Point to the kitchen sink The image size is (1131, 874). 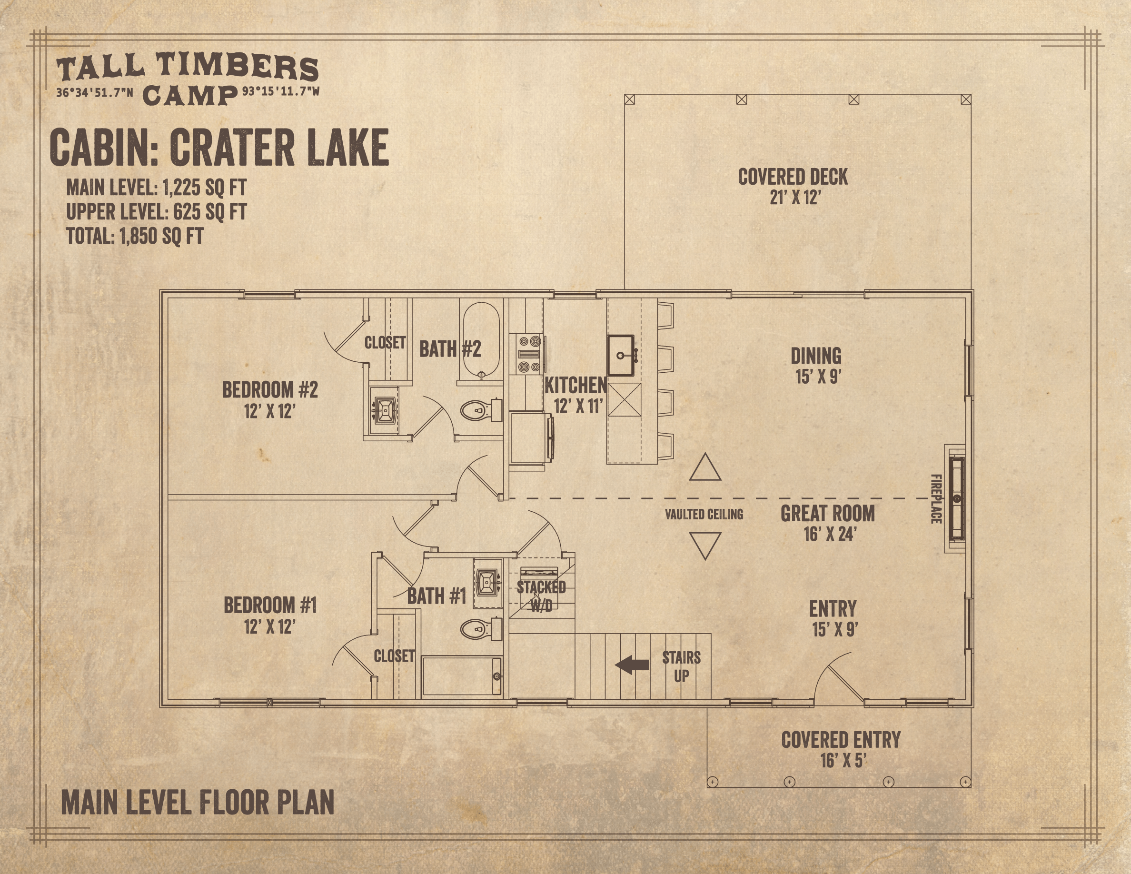[621, 355]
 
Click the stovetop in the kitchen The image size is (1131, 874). [529, 354]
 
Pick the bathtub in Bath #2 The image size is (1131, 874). [481, 341]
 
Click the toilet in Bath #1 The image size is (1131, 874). [481, 629]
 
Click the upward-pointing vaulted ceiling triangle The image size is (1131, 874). [705, 467]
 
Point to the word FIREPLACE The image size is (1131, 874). [936, 498]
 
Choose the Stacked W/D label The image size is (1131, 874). [541, 596]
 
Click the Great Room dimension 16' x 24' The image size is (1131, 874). [830, 534]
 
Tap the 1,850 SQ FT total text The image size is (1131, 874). [161, 236]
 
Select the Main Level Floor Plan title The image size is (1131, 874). [197, 803]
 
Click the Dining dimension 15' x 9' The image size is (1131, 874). [818, 377]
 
